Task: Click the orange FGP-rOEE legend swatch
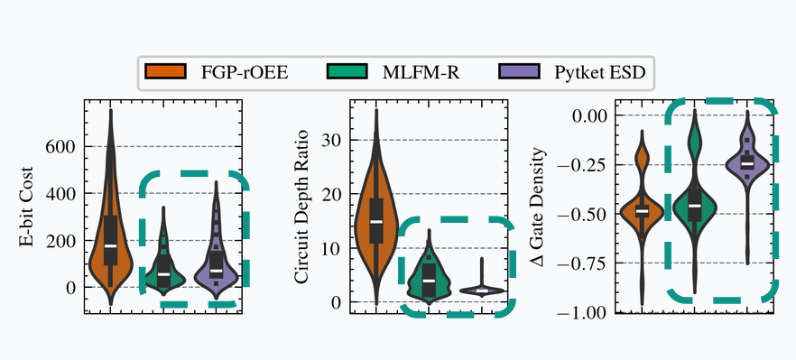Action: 165,71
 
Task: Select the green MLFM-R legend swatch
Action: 345,71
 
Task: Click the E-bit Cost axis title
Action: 26,206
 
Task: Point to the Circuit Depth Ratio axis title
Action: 301,206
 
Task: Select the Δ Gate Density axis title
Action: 538,208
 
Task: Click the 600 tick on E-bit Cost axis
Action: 61,147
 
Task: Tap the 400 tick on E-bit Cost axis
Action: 61,193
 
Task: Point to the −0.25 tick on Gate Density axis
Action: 582,165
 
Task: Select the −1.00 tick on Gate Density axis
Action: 582,313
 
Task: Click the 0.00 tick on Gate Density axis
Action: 588,115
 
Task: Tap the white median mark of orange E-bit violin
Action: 110,245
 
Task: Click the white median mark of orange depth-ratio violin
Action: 376,221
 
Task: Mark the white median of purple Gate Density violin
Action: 746,164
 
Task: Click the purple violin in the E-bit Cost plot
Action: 217,254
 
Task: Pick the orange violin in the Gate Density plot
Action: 643,213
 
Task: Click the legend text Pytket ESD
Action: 600,72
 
